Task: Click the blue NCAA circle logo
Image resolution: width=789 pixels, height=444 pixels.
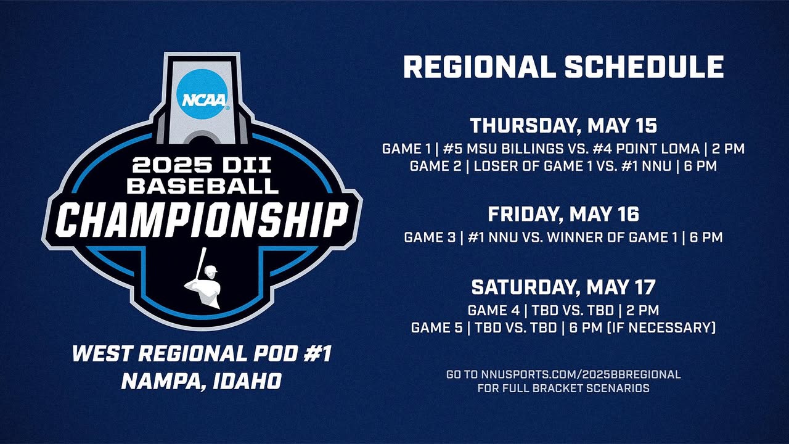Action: [x=203, y=94]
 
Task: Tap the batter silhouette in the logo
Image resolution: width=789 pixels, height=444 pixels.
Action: [x=202, y=278]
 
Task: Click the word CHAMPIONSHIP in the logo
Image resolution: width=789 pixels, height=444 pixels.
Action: [x=202, y=220]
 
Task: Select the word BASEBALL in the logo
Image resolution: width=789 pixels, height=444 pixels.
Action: [x=202, y=186]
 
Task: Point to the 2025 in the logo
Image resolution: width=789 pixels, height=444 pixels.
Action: [x=167, y=165]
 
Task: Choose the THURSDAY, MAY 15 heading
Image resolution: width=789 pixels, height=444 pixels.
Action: [x=563, y=126]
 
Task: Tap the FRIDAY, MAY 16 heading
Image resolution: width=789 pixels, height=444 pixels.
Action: [x=563, y=214]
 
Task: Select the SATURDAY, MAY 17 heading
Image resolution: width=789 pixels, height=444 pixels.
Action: [x=563, y=287]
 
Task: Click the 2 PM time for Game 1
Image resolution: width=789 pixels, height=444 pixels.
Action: [x=729, y=149]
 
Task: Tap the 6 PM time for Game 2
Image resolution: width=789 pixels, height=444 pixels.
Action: [x=700, y=166]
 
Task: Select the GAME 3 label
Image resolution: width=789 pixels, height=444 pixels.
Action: [x=430, y=237]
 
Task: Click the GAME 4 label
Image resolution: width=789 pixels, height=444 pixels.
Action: [x=494, y=310]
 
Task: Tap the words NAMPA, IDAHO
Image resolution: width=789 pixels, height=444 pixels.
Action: [x=202, y=381]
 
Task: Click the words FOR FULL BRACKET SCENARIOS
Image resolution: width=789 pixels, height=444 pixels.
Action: [x=563, y=388]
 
